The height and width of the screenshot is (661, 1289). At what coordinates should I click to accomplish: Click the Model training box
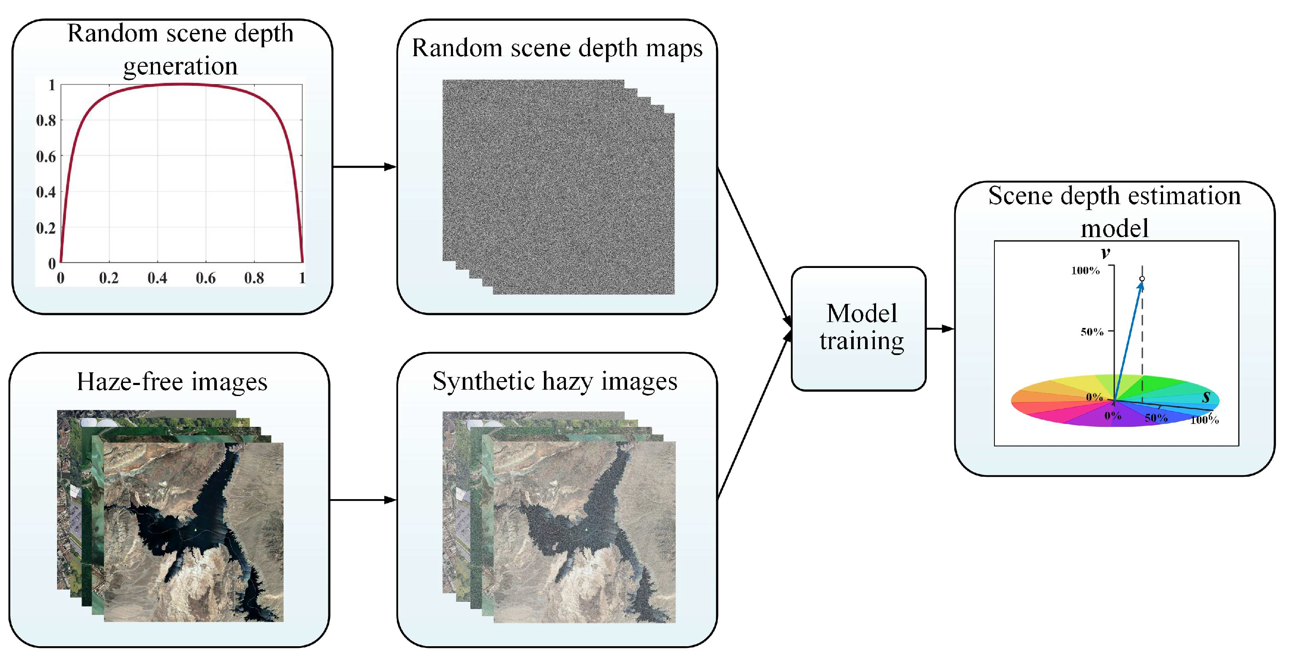tap(858, 328)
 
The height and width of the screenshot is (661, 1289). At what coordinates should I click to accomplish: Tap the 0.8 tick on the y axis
tap(46, 120)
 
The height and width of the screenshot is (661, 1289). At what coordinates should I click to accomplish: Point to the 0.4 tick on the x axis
tap(157, 278)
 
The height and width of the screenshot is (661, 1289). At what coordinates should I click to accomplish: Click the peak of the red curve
tap(181, 85)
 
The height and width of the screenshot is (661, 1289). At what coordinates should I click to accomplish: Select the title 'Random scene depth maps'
tap(557, 49)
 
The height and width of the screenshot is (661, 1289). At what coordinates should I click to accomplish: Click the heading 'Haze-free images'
tap(172, 382)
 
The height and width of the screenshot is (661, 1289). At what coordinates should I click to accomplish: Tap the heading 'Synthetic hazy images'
tap(554, 381)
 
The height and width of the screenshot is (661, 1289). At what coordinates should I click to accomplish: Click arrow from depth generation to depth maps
tap(364, 167)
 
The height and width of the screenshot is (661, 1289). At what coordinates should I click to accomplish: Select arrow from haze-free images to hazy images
tap(363, 500)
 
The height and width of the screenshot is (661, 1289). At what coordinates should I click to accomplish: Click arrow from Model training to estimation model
tap(940, 329)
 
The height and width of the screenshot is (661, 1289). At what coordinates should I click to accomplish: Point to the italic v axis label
tap(1105, 253)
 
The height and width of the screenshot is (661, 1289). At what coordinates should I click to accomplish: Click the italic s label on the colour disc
tap(1206, 397)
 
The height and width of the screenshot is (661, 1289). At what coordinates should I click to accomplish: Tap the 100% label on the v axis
tap(1085, 271)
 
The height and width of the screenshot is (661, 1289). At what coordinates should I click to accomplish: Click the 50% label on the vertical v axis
tap(1091, 332)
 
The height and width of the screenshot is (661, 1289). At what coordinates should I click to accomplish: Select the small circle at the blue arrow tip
tap(1142, 279)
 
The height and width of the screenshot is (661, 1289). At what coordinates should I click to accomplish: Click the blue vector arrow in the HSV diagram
tap(1128, 340)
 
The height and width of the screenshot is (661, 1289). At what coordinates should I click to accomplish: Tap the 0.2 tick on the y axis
tap(46, 228)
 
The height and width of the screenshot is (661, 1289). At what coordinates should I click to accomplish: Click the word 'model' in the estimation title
tap(1114, 229)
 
